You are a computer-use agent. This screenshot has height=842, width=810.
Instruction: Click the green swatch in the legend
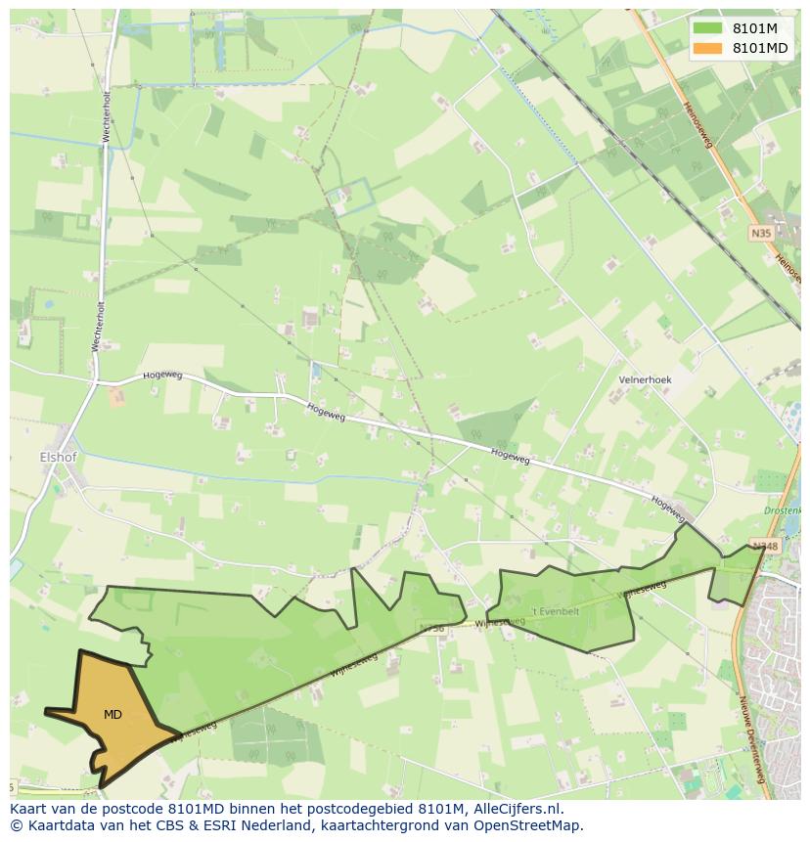click(707, 28)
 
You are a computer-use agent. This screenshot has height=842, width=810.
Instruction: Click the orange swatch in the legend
click(707, 48)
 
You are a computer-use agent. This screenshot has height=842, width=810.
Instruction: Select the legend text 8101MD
click(760, 48)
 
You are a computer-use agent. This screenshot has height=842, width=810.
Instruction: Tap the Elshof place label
click(58, 457)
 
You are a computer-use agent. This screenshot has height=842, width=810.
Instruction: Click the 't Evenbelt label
click(555, 611)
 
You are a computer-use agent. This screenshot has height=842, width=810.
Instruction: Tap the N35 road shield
click(761, 233)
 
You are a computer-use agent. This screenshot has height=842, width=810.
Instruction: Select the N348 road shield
click(764, 546)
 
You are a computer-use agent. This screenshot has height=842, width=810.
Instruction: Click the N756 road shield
click(430, 628)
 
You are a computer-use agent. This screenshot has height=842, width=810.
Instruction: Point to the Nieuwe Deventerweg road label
click(753, 738)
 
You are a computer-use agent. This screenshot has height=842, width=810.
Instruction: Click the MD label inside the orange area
click(112, 715)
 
